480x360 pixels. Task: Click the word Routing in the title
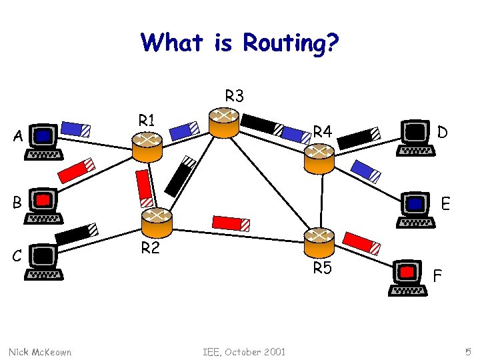click(x=291, y=43)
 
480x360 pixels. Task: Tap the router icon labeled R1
click(x=147, y=146)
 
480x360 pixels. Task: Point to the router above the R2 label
click(x=157, y=221)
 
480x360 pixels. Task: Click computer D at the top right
click(x=417, y=137)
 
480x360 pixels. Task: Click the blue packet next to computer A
click(x=75, y=128)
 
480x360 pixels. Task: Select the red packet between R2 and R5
click(x=231, y=223)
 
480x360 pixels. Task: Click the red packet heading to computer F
click(x=363, y=243)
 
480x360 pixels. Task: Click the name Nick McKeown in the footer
click(x=40, y=351)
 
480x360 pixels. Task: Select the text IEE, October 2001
click(x=245, y=351)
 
